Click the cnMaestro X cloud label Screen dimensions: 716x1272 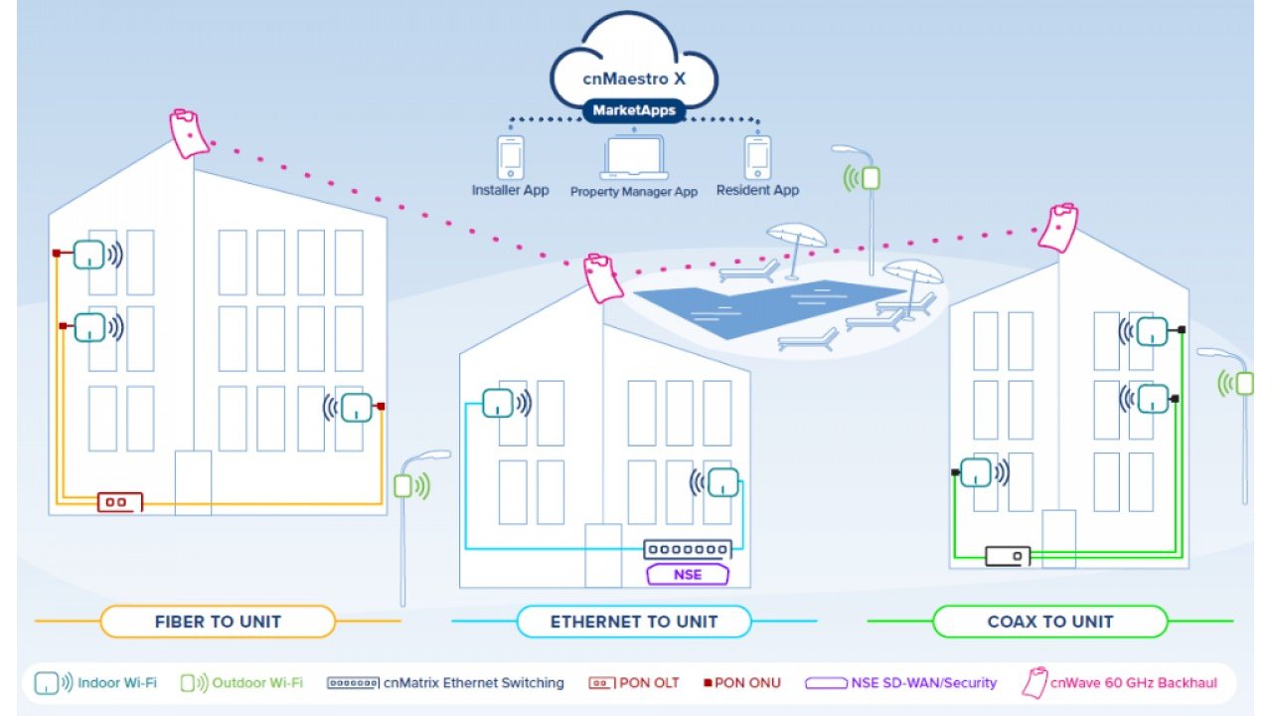[633, 79]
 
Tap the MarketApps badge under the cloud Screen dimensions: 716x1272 [633, 109]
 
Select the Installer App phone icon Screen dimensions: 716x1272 [510, 158]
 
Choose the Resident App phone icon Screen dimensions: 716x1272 [757, 158]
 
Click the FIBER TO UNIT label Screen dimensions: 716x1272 [218, 622]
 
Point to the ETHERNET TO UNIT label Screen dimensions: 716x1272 [634, 622]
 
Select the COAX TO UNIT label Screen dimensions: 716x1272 [1049, 622]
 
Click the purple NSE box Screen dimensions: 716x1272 [688, 575]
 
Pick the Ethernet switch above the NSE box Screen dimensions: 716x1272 [687, 549]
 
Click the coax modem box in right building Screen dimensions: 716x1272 [1008, 556]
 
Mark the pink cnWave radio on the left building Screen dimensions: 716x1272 [189, 133]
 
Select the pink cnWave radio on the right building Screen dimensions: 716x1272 [1058, 228]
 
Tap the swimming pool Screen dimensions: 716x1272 [765, 303]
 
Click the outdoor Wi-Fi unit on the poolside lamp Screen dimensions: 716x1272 [870, 178]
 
